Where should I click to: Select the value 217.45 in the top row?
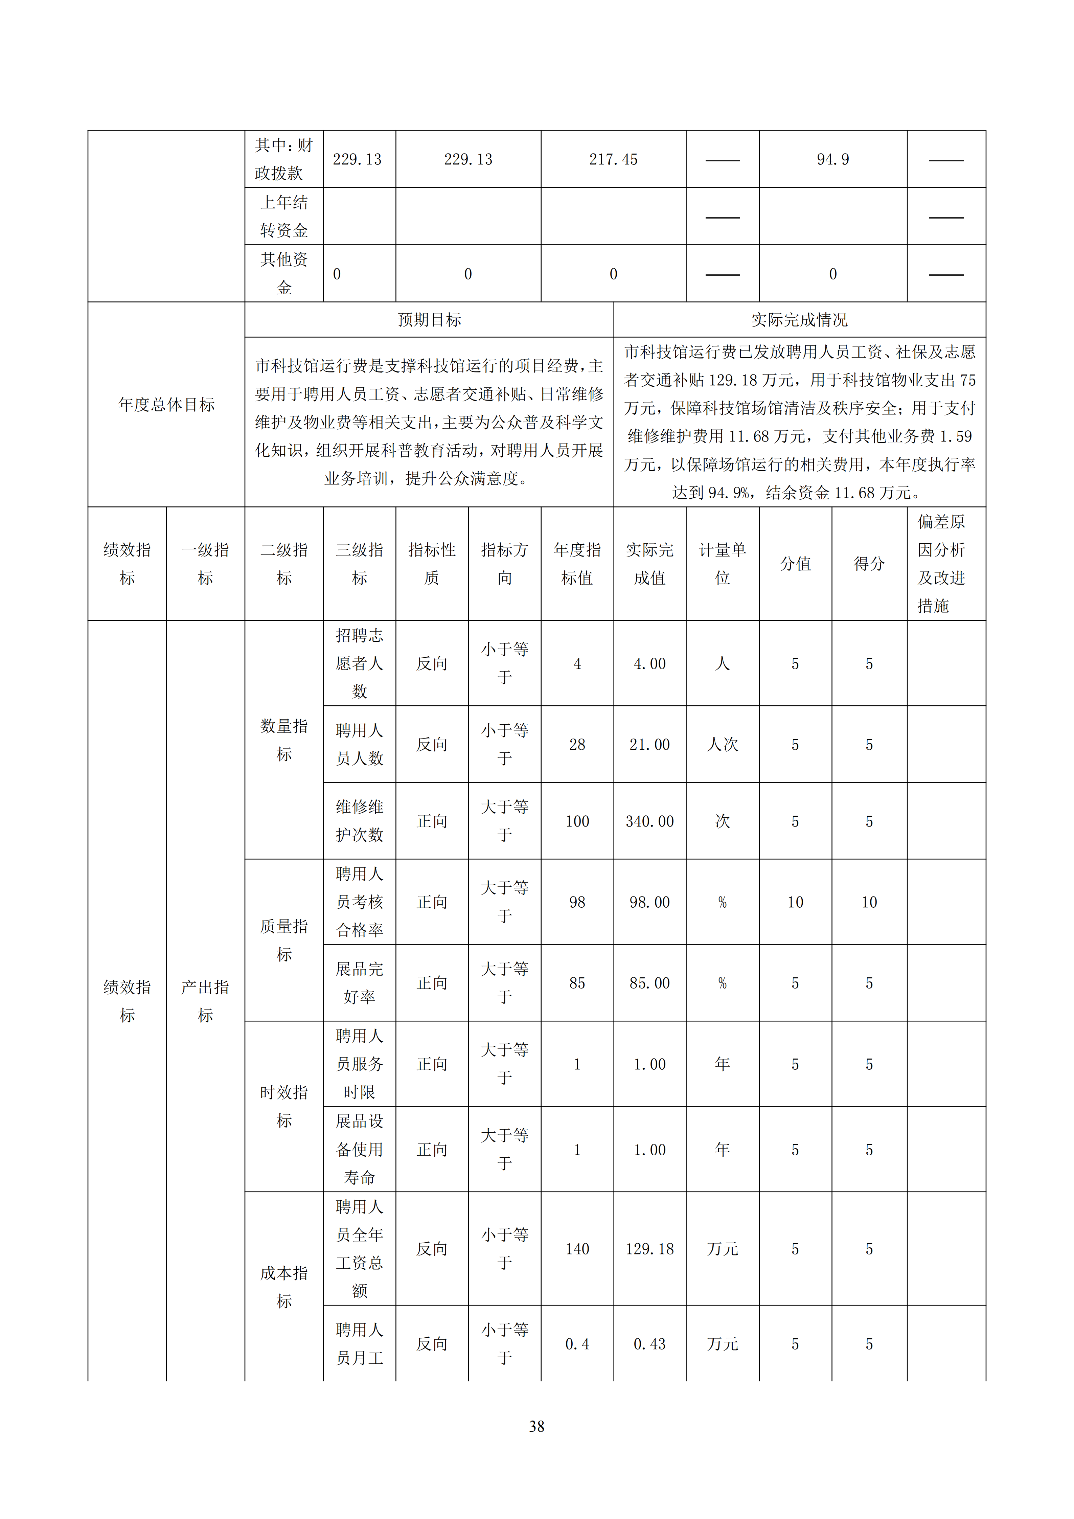click(x=613, y=159)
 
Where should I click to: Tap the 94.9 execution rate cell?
click(x=832, y=159)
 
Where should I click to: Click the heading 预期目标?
click(x=429, y=320)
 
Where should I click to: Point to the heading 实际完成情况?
click(x=799, y=320)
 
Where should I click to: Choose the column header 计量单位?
click(x=722, y=564)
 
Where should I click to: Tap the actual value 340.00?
click(x=649, y=822)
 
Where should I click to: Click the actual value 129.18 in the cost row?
click(x=649, y=1249)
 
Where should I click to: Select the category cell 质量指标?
click(x=284, y=940)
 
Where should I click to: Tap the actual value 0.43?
click(x=649, y=1344)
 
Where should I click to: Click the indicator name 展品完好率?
click(x=359, y=983)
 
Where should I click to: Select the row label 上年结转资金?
click(x=284, y=216)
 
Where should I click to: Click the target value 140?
click(x=577, y=1249)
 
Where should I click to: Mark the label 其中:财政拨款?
click(x=284, y=159)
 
